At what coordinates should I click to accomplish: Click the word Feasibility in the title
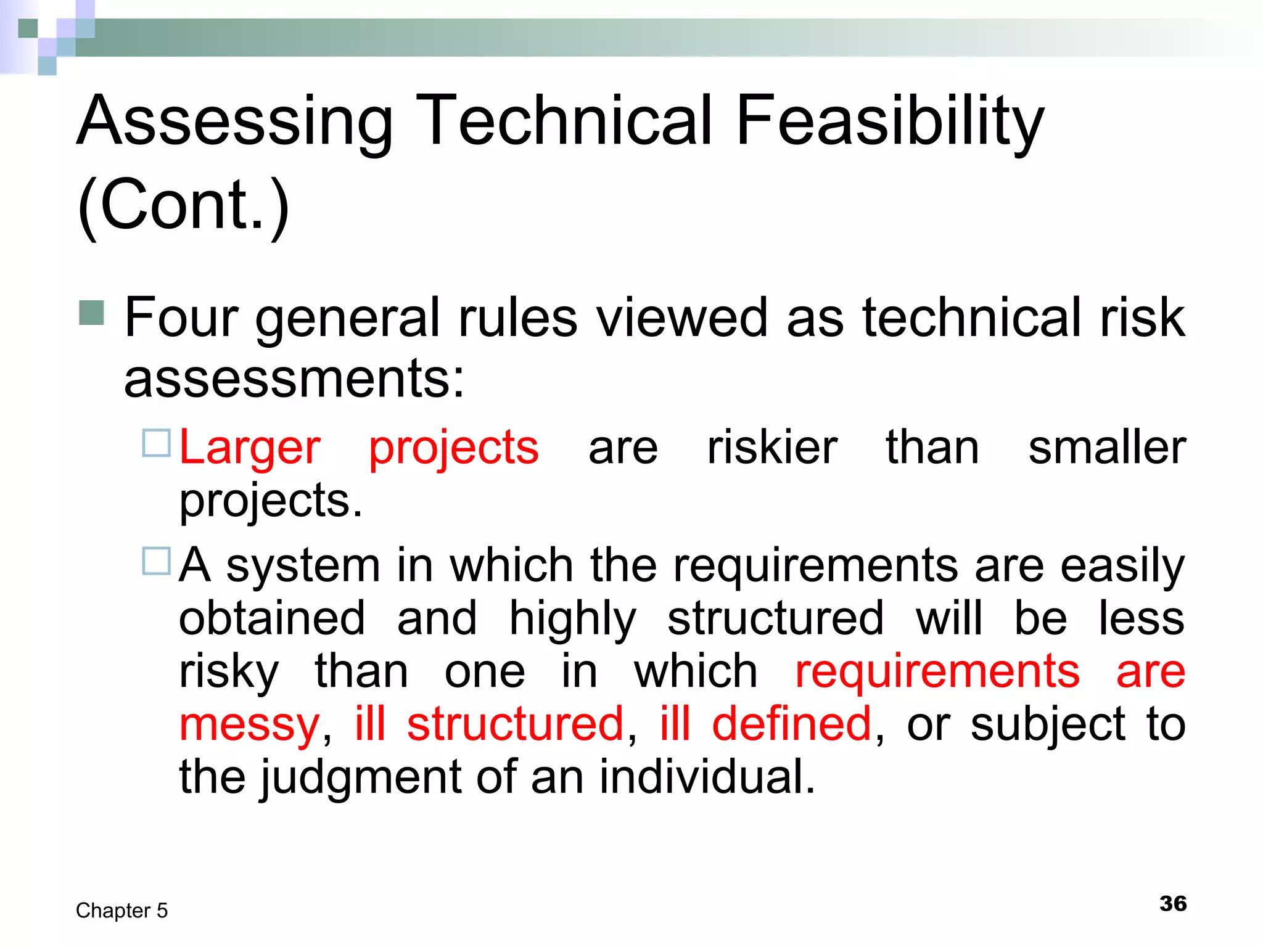889,121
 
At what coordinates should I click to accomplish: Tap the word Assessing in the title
234,121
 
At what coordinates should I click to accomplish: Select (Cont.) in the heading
183,205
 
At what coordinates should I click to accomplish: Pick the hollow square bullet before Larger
156,443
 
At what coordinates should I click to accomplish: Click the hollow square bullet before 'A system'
156,561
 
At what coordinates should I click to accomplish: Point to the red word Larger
250,448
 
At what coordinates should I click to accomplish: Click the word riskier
772,448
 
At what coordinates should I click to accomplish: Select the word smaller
1107,448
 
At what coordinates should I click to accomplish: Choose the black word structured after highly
775,618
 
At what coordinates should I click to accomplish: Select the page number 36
1173,904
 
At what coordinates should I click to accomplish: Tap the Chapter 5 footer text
121,911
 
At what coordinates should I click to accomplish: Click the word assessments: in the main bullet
294,379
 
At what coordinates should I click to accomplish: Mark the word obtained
272,618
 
